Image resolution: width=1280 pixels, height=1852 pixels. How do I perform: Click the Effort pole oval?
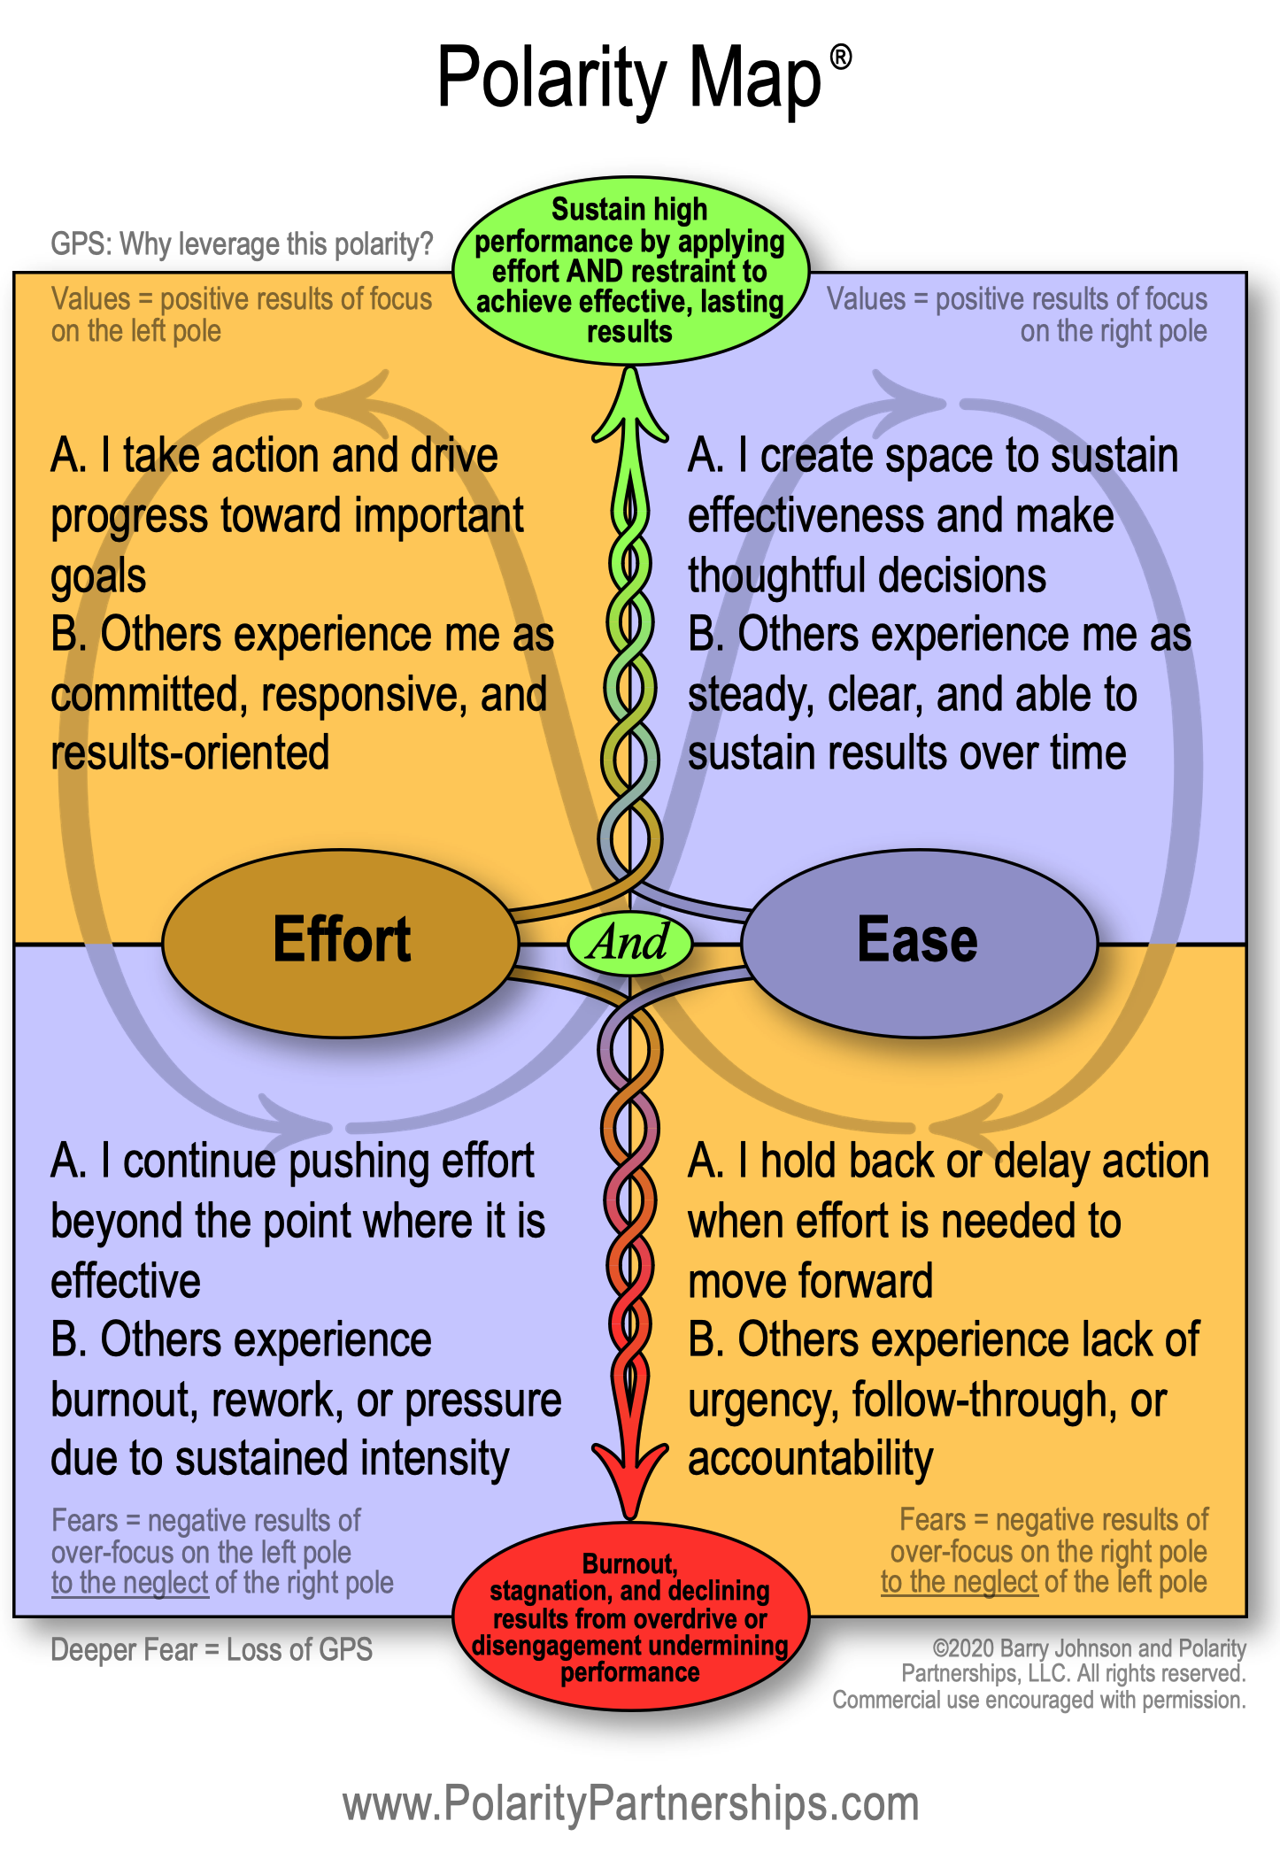click(341, 942)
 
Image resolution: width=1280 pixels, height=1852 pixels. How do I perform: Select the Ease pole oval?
click(919, 942)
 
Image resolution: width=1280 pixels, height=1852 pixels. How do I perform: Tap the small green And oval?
click(629, 942)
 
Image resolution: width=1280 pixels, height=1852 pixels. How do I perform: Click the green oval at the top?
click(629, 270)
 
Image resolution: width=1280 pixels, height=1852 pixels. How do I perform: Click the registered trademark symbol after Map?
click(840, 58)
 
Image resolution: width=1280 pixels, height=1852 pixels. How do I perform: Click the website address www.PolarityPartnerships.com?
click(630, 1802)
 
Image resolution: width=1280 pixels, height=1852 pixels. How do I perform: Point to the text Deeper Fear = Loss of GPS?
click(212, 1650)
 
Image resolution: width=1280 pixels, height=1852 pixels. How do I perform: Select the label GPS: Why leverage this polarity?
click(242, 243)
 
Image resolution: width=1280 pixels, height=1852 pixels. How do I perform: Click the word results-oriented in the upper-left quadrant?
click(190, 753)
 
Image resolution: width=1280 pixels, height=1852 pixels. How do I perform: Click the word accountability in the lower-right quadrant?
click(810, 1459)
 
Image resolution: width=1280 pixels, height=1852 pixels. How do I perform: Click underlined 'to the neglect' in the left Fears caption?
click(129, 1583)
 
